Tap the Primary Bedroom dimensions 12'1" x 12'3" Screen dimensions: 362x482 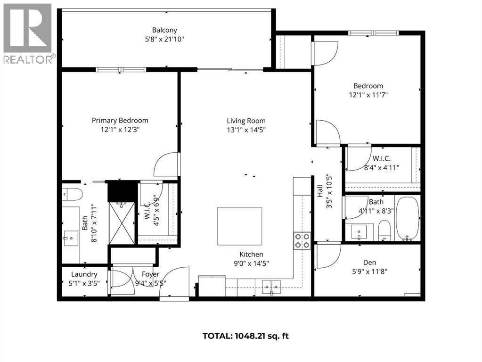coord(120,129)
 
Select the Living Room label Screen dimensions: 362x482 coord(246,121)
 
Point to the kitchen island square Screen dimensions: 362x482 coord(239,226)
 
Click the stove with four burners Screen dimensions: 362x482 coord(302,240)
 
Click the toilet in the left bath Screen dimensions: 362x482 coord(73,194)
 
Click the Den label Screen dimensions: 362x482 coord(369,263)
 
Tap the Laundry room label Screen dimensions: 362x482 coord(84,274)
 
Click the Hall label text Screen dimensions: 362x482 coord(320,191)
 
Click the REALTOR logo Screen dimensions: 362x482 coord(28,33)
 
